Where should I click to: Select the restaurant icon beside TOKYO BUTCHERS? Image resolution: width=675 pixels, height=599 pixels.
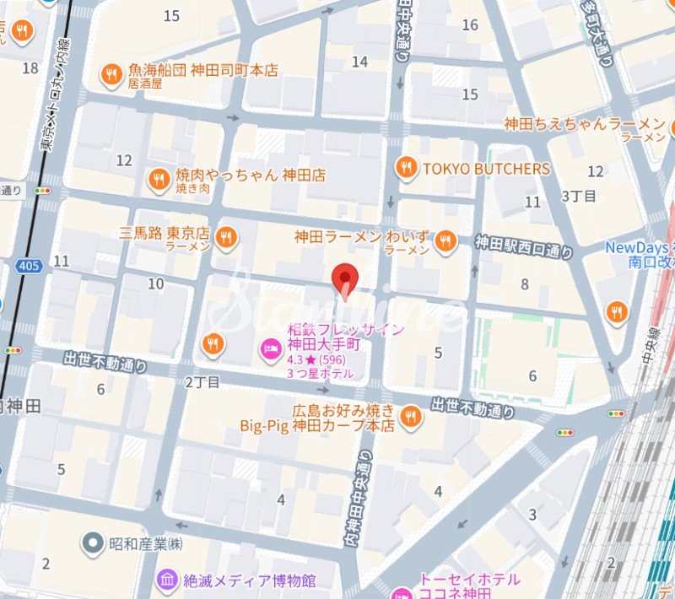407,169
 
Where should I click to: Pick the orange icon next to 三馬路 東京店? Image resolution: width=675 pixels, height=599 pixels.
225,238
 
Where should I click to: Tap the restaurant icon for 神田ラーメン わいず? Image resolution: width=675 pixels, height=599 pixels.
445,242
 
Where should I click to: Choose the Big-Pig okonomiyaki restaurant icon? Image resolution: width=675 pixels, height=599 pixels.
411,416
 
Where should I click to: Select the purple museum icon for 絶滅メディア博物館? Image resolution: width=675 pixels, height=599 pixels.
167,580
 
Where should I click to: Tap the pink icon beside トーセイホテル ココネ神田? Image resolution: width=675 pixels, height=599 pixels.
405,584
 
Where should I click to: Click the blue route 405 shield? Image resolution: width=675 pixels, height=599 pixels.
27,267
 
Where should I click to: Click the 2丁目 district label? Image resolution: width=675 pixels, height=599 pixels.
202,382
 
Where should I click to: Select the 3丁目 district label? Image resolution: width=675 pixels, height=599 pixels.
579,196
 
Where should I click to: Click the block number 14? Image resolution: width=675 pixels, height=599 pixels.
360,62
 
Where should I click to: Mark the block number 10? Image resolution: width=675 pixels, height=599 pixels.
155,283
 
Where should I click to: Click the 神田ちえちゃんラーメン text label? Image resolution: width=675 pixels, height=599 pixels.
585,124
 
